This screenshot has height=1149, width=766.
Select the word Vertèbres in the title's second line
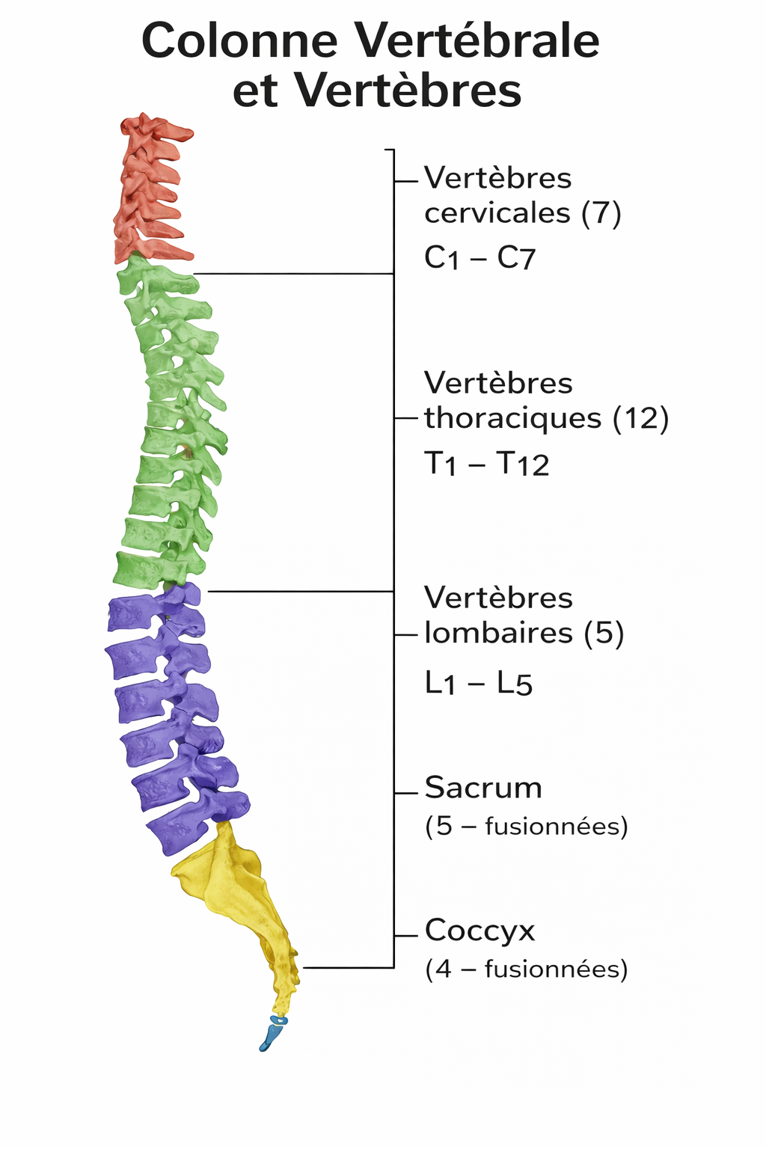tap(407, 91)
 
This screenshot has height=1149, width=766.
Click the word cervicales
tap(497, 213)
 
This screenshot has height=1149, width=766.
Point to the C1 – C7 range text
tap(479, 258)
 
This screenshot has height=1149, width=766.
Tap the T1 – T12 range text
tap(486, 465)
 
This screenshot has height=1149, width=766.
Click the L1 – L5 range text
tap(478, 683)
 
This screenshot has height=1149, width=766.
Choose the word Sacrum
tap(483, 788)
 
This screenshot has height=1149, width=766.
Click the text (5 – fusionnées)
tap(526, 827)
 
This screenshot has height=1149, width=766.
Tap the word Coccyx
tap(480, 931)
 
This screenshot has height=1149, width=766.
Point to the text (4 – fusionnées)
tap(526, 969)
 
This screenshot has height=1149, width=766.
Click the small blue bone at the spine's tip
tap(272, 1035)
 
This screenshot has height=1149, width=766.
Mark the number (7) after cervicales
tap(601, 213)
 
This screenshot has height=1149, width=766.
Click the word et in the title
tap(255, 91)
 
